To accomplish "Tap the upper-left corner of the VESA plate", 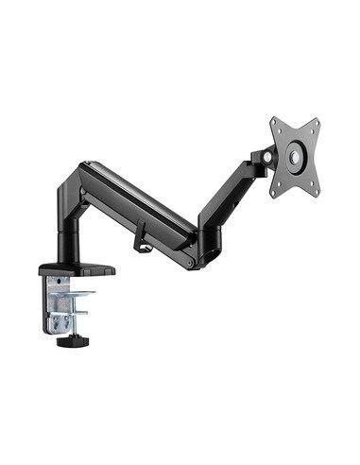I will [274, 121].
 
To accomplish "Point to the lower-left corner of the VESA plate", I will [275, 194].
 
